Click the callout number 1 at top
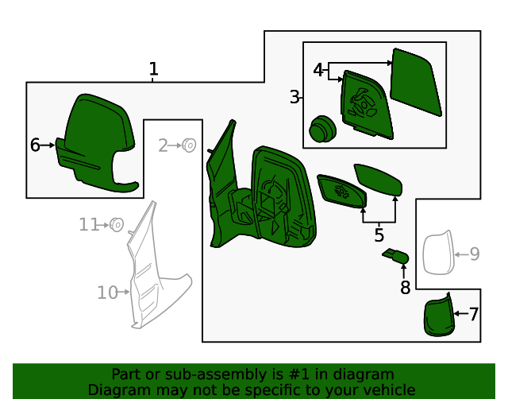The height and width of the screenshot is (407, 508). (153, 69)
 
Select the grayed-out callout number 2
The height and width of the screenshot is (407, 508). (163, 145)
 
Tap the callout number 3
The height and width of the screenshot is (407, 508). (294, 98)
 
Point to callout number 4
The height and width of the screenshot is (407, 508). (318, 71)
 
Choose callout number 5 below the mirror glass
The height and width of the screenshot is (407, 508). (379, 235)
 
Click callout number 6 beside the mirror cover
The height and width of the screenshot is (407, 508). (35, 145)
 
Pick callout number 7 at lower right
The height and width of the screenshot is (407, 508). (474, 314)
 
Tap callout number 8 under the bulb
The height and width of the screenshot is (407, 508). (405, 288)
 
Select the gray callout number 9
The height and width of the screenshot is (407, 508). (474, 254)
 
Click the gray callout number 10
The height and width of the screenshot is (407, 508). (107, 293)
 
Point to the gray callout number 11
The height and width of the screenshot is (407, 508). (88, 225)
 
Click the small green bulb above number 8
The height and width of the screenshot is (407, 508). (395, 256)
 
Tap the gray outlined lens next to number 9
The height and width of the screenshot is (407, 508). (436, 254)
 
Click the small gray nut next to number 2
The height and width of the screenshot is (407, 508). (190, 145)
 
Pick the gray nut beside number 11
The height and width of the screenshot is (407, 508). (116, 225)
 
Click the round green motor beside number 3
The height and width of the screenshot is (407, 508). (321, 129)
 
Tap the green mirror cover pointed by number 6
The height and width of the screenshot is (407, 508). (95, 143)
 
